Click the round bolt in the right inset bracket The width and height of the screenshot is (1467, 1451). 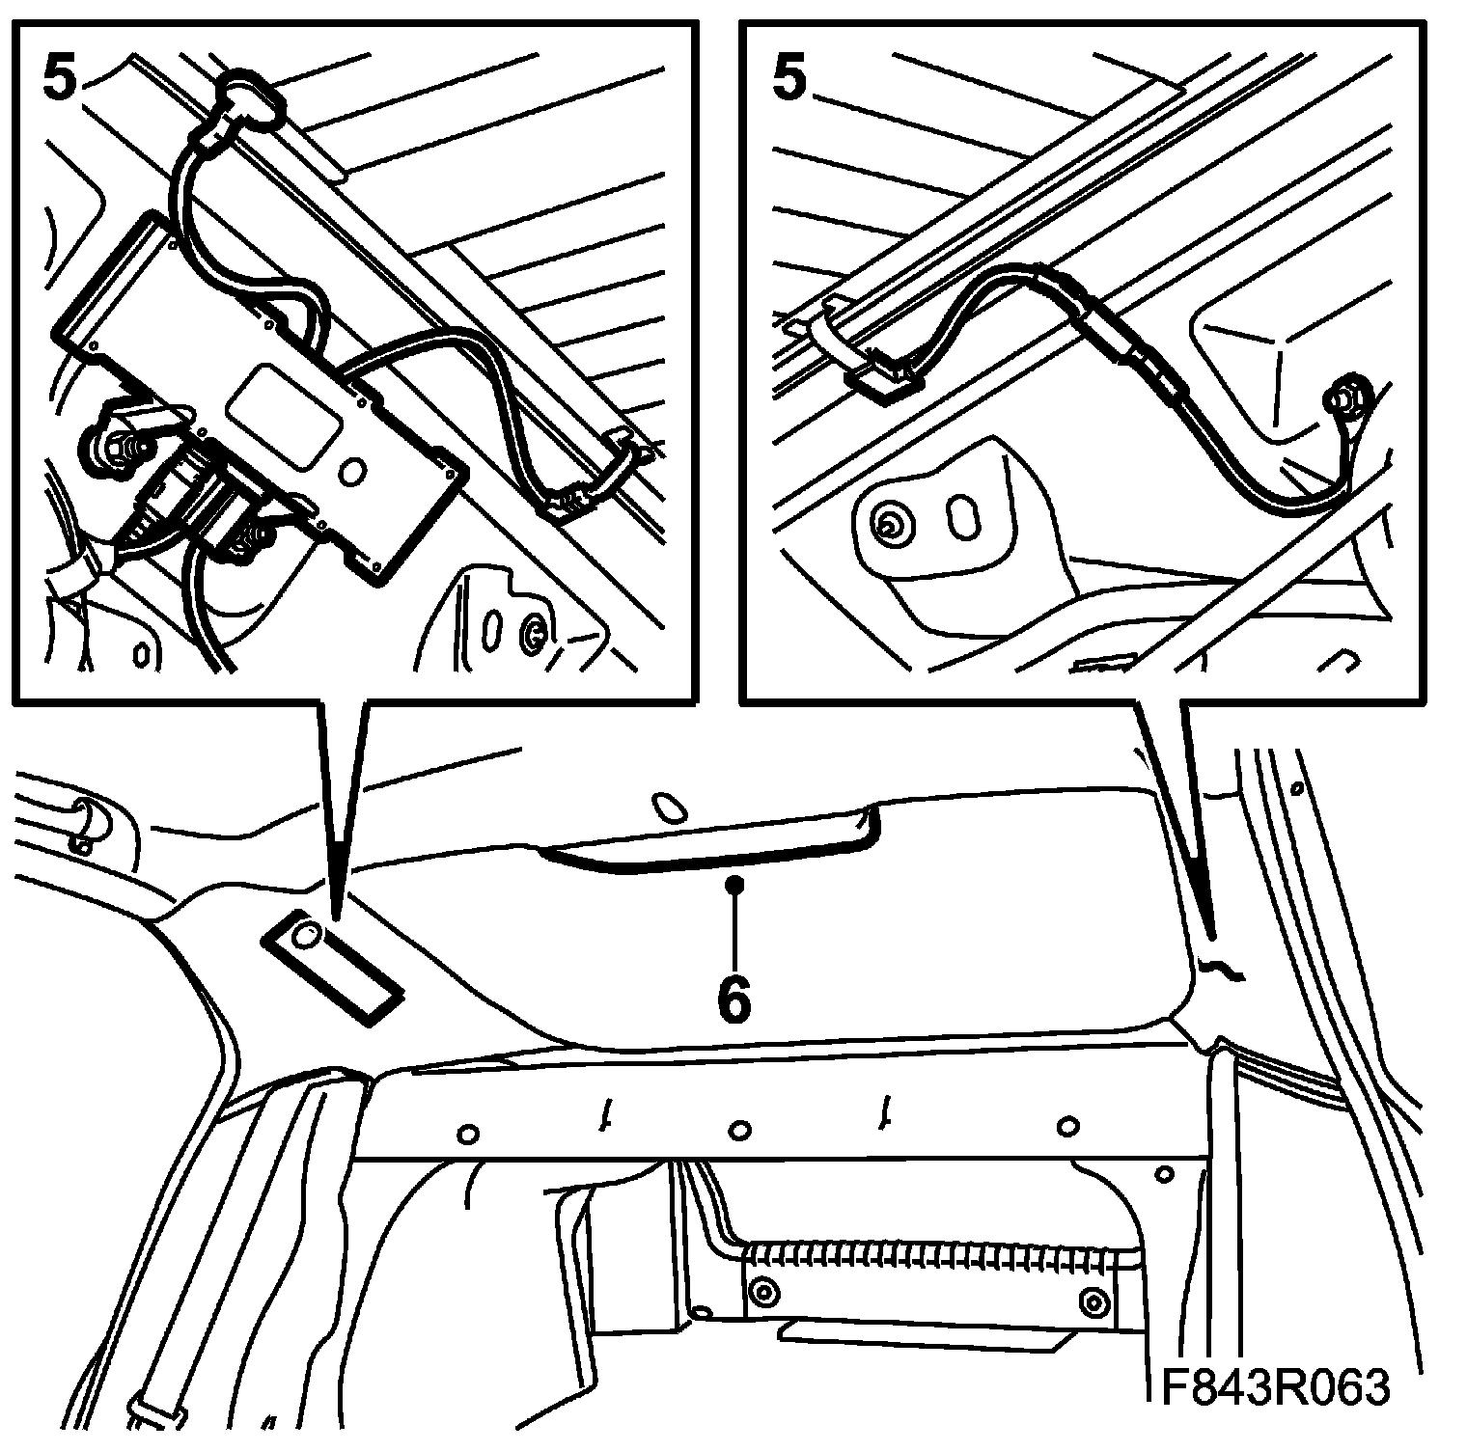[x=886, y=525]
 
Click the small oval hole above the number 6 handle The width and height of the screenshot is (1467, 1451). [x=667, y=806]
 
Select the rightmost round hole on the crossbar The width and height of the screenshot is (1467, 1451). [x=1066, y=1125]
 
